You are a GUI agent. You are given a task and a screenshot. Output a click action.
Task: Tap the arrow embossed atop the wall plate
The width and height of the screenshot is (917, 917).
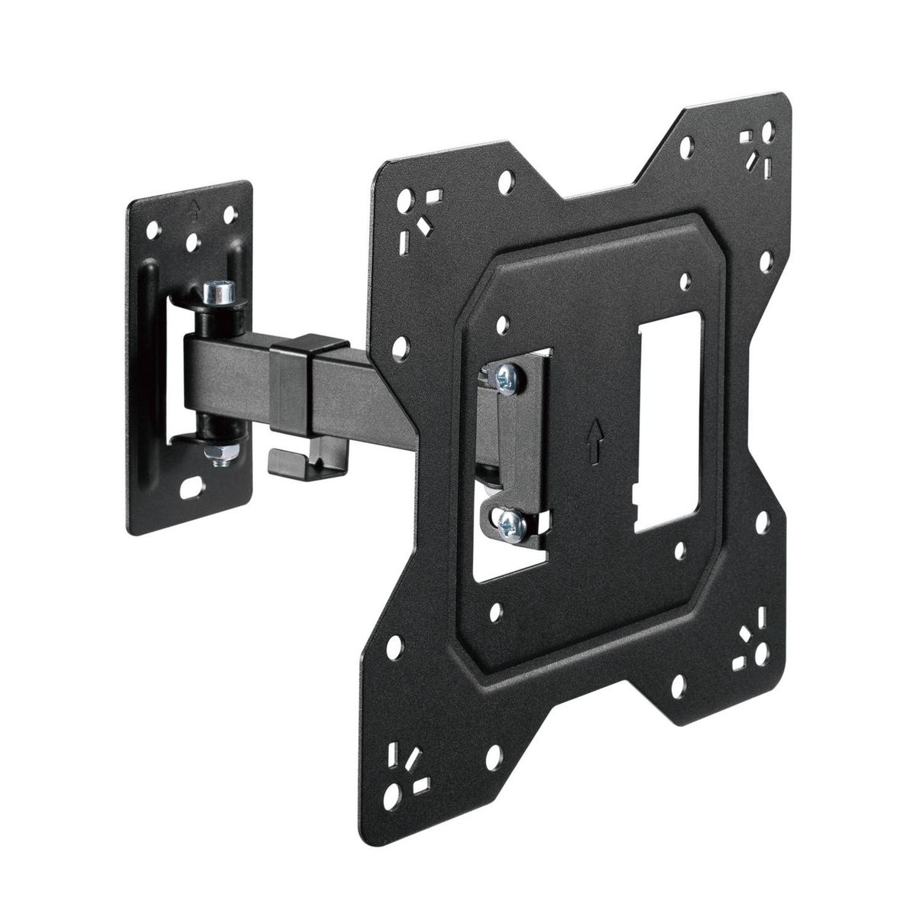(196, 206)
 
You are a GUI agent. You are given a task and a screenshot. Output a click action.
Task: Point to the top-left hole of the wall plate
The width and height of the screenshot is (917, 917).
(155, 227)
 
